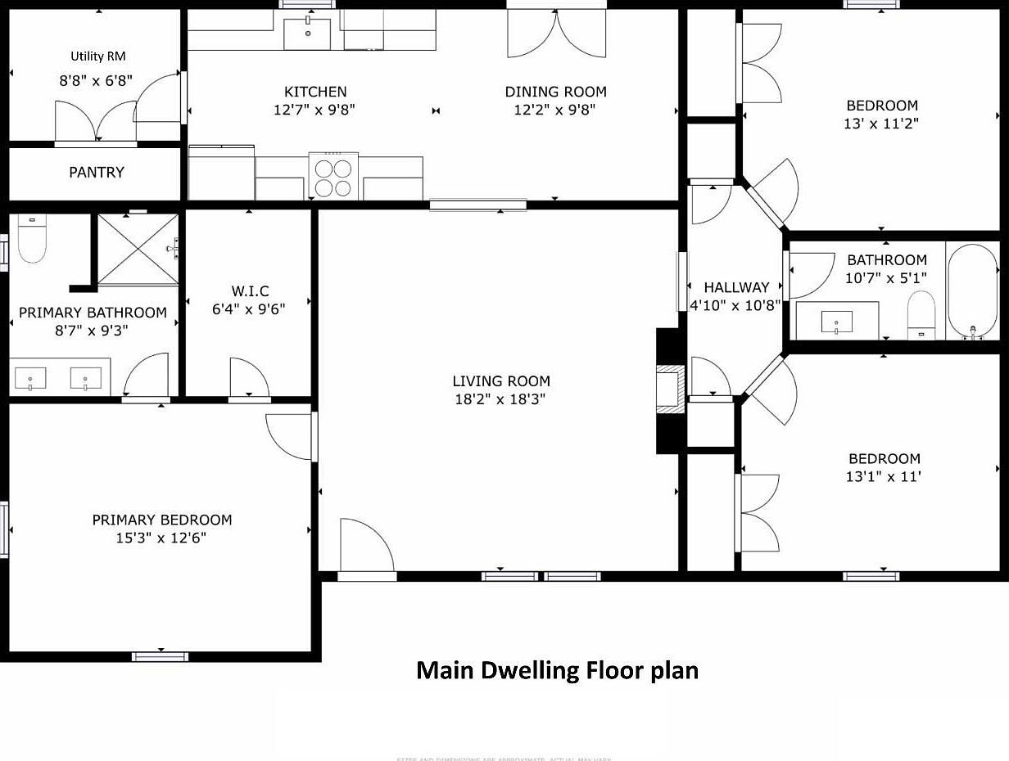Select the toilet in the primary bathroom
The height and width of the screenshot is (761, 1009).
[32, 239]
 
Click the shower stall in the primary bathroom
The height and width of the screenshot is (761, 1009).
[138, 250]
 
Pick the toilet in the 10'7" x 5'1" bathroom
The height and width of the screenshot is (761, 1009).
[921, 314]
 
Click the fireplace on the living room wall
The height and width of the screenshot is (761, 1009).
[671, 390]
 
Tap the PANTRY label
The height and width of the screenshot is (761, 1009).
[97, 173]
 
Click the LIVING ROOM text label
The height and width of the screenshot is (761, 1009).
[501, 381]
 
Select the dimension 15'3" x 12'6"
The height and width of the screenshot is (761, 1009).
[161, 538]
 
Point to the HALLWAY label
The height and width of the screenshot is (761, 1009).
[736, 287]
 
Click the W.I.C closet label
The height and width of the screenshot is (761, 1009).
[250, 291]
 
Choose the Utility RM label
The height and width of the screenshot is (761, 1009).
[98, 56]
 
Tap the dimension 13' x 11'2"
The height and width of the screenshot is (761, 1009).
[882, 124]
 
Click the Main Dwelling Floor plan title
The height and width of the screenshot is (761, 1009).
[557, 671]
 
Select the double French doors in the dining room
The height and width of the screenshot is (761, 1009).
[555, 34]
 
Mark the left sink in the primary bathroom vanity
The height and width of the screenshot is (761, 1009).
[31, 378]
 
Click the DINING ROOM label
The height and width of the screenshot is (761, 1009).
[555, 92]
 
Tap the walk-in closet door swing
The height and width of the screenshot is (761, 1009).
[249, 379]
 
